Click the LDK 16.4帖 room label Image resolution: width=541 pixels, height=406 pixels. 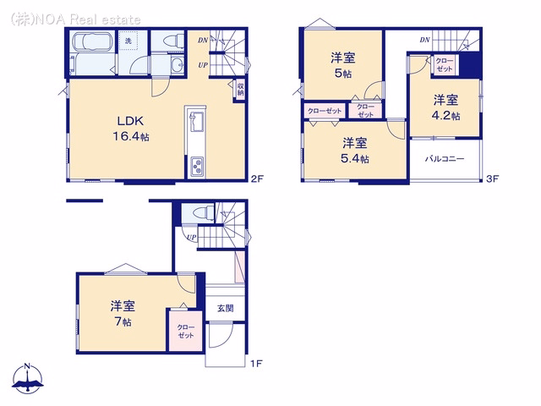pyautogui.click(x=131, y=129)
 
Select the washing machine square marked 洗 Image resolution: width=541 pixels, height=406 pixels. pyautogui.click(x=128, y=41)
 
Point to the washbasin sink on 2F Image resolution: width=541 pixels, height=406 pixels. pyautogui.click(x=178, y=64)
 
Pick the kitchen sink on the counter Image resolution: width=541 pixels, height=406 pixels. pyautogui.click(x=195, y=121)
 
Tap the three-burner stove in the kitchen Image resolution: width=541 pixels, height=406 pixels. pyautogui.click(x=197, y=166)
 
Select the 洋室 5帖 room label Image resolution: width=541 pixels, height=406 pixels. pyautogui.click(x=343, y=65)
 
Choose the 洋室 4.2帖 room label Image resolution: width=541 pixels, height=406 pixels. pyautogui.click(x=445, y=107)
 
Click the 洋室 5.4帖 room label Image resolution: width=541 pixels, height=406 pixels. pyautogui.click(x=355, y=151)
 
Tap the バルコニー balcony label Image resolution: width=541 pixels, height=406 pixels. pyautogui.click(x=445, y=159)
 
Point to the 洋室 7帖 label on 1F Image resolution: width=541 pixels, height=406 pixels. pyautogui.click(x=123, y=314)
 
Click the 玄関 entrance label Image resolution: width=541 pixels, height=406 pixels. pyautogui.click(x=226, y=308)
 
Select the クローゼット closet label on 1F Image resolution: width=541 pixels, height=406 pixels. pyautogui.click(x=186, y=331)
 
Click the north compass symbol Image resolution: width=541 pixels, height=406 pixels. pyautogui.click(x=28, y=378)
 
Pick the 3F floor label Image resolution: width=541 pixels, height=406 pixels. pyautogui.click(x=492, y=178)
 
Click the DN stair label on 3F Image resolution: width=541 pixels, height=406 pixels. pyautogui.click(x=424, y=40)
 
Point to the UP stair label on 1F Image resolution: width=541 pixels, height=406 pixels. pyautogui.click(x=192, y=237)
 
